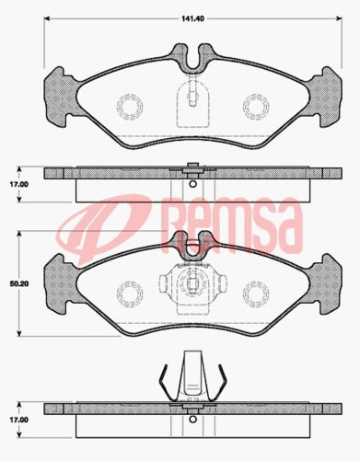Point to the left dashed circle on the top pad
(x=128, y=107)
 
